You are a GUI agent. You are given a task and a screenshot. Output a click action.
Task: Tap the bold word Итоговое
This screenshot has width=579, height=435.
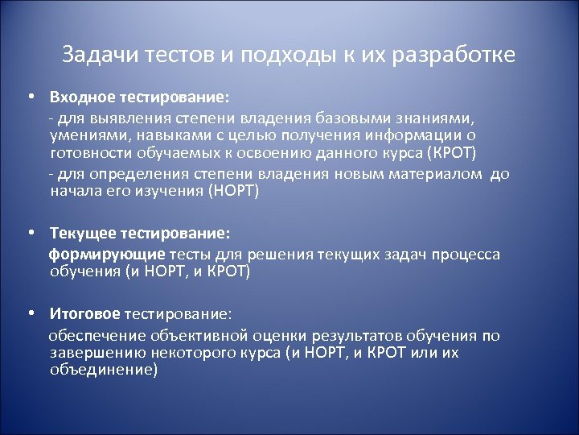click(x=85, y=313)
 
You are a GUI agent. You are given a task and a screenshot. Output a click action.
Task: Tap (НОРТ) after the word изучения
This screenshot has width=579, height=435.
click(x=235, y=192)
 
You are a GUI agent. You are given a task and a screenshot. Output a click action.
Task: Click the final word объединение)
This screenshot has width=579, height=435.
click(x=104, y=370)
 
